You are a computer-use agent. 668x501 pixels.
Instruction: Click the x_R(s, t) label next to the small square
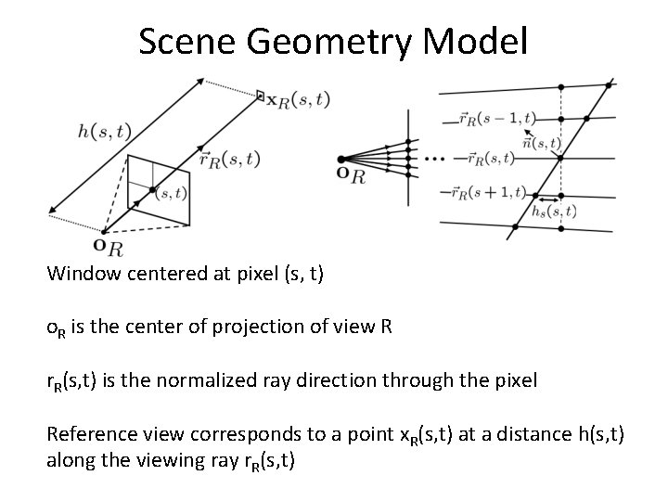[298, 100]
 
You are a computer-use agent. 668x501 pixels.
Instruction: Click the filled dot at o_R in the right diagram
[341, 160]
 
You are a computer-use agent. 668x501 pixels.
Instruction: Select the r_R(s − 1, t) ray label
[496, 118]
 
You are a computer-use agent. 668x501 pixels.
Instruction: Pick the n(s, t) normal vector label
[541, 143]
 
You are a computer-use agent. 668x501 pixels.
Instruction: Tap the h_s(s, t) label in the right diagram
[554, 212]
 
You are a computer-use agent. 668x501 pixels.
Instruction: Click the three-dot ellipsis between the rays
[433, 160]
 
